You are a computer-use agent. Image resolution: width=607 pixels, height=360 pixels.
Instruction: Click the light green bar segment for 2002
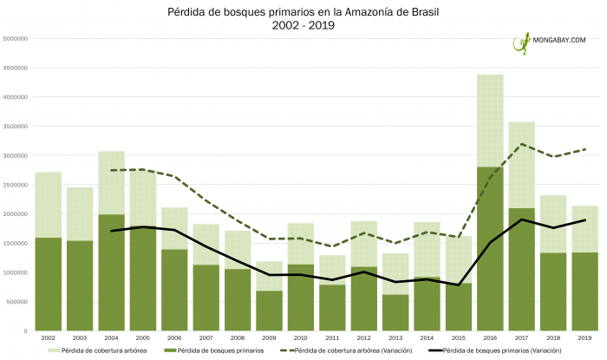coord(48,204)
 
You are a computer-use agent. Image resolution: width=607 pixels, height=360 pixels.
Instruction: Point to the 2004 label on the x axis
coord(110,337)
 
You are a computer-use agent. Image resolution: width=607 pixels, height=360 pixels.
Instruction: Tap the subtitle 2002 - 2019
coord(303,26)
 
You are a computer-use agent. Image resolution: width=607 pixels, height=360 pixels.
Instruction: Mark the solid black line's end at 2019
coord(585,220)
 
